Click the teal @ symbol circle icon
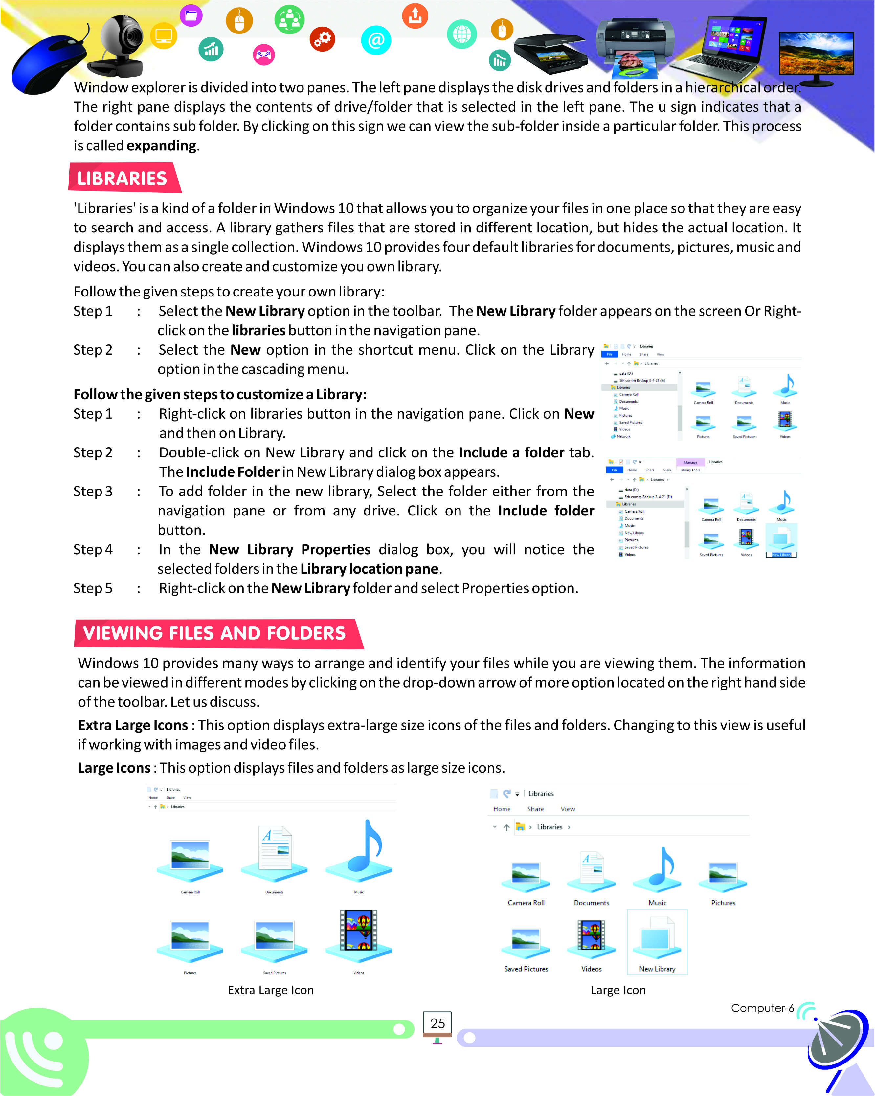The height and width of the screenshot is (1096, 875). [376, 40]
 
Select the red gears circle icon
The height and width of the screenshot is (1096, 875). [322, 39]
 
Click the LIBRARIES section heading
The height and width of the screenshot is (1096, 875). [122, 178]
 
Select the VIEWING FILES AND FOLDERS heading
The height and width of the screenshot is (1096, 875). [214, 633]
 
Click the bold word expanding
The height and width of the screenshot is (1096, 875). [161, 146]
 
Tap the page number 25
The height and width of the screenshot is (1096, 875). [437, 1023]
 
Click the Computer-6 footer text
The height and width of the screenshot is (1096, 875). [762, 1008]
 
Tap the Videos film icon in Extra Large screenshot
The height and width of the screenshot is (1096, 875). [358, 933]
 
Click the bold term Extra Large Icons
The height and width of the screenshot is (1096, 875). [133, 725]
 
